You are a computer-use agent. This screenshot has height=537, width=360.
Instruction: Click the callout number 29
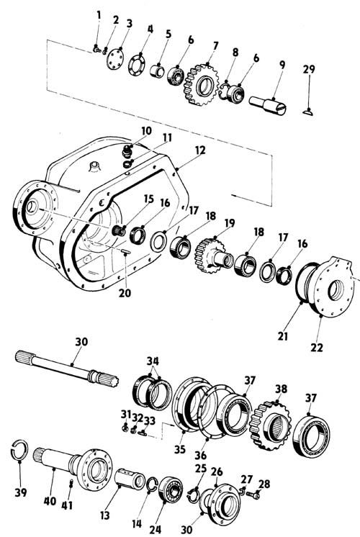click(x=309, y=69)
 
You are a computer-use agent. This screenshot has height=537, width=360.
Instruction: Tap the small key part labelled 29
click(x=307, y=112)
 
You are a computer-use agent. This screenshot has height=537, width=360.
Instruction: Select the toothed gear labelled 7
click(x=202, y=85)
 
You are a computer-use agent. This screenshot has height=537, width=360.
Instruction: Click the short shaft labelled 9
click(x=268, y=105)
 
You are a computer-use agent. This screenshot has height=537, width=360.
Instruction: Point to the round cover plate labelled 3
click(x=114, y=59)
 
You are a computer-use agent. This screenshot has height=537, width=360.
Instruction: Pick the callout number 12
click(x=200, y=150)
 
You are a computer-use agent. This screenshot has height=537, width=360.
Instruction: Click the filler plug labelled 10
click(x=127, y=150)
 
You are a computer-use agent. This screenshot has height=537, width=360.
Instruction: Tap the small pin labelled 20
click(x=125, y=251)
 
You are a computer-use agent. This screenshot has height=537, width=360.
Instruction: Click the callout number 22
click(x=317, y=347)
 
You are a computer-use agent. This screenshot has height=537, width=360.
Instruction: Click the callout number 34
click(x=153, y=361)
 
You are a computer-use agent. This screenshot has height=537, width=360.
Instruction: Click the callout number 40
click(x=50, y=501)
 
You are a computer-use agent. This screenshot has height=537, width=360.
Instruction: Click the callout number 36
click(x=201, y=455)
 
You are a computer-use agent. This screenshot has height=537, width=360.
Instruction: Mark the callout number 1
click(x=99, y=15)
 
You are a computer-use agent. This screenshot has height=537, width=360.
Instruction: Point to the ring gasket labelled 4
click(x=137, y=64)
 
